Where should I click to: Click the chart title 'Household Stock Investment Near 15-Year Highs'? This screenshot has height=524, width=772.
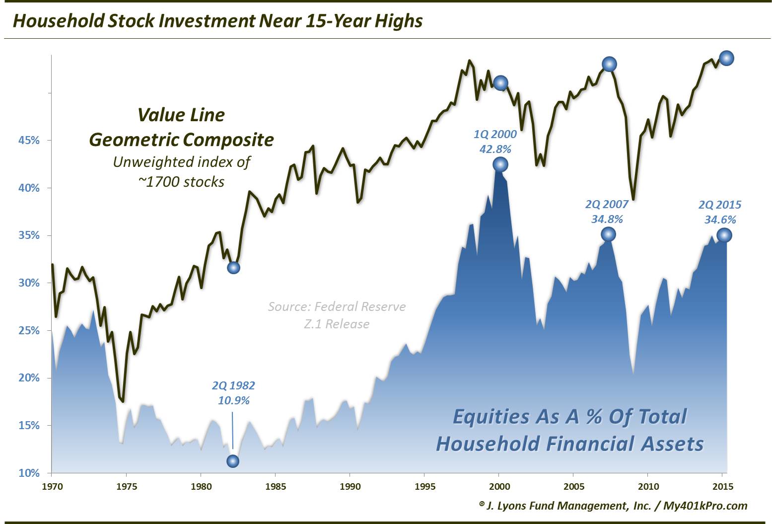[x=217, y=21]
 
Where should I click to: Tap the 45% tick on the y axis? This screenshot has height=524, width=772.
[x=29, y=141]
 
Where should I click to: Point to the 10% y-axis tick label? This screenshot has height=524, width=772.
[x=29, y=473]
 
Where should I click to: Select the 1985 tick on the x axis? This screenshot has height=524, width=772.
[x=275, y=486]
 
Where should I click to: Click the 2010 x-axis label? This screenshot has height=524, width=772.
[x=647, y=486]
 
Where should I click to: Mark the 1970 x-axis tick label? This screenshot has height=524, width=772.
[x=52, y=486]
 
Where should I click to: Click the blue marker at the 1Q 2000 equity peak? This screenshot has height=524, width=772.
[x=500, y=164]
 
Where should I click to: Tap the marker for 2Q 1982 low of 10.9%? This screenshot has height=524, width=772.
[x=233, y=461]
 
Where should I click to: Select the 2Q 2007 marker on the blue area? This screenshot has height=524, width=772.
[x=608, y=234]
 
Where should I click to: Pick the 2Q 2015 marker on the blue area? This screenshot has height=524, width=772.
[x=724, y=235]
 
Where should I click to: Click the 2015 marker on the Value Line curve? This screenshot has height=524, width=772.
[x=726, y=58]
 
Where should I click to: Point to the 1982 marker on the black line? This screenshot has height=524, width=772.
[x=233, y=268]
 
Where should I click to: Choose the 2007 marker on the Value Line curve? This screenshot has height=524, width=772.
[x=609, y=64]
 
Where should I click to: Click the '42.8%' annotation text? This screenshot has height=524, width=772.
[x=495, y=149]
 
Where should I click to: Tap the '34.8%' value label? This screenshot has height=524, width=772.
[x=607, y=219]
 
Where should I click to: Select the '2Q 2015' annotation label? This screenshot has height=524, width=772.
[x=720, y=205]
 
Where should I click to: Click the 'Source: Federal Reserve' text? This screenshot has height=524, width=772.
[x=337, y=306]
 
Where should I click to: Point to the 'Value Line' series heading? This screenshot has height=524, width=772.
[x=181, y=115]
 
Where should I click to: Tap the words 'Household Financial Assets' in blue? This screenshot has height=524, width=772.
[x=569, y=444]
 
